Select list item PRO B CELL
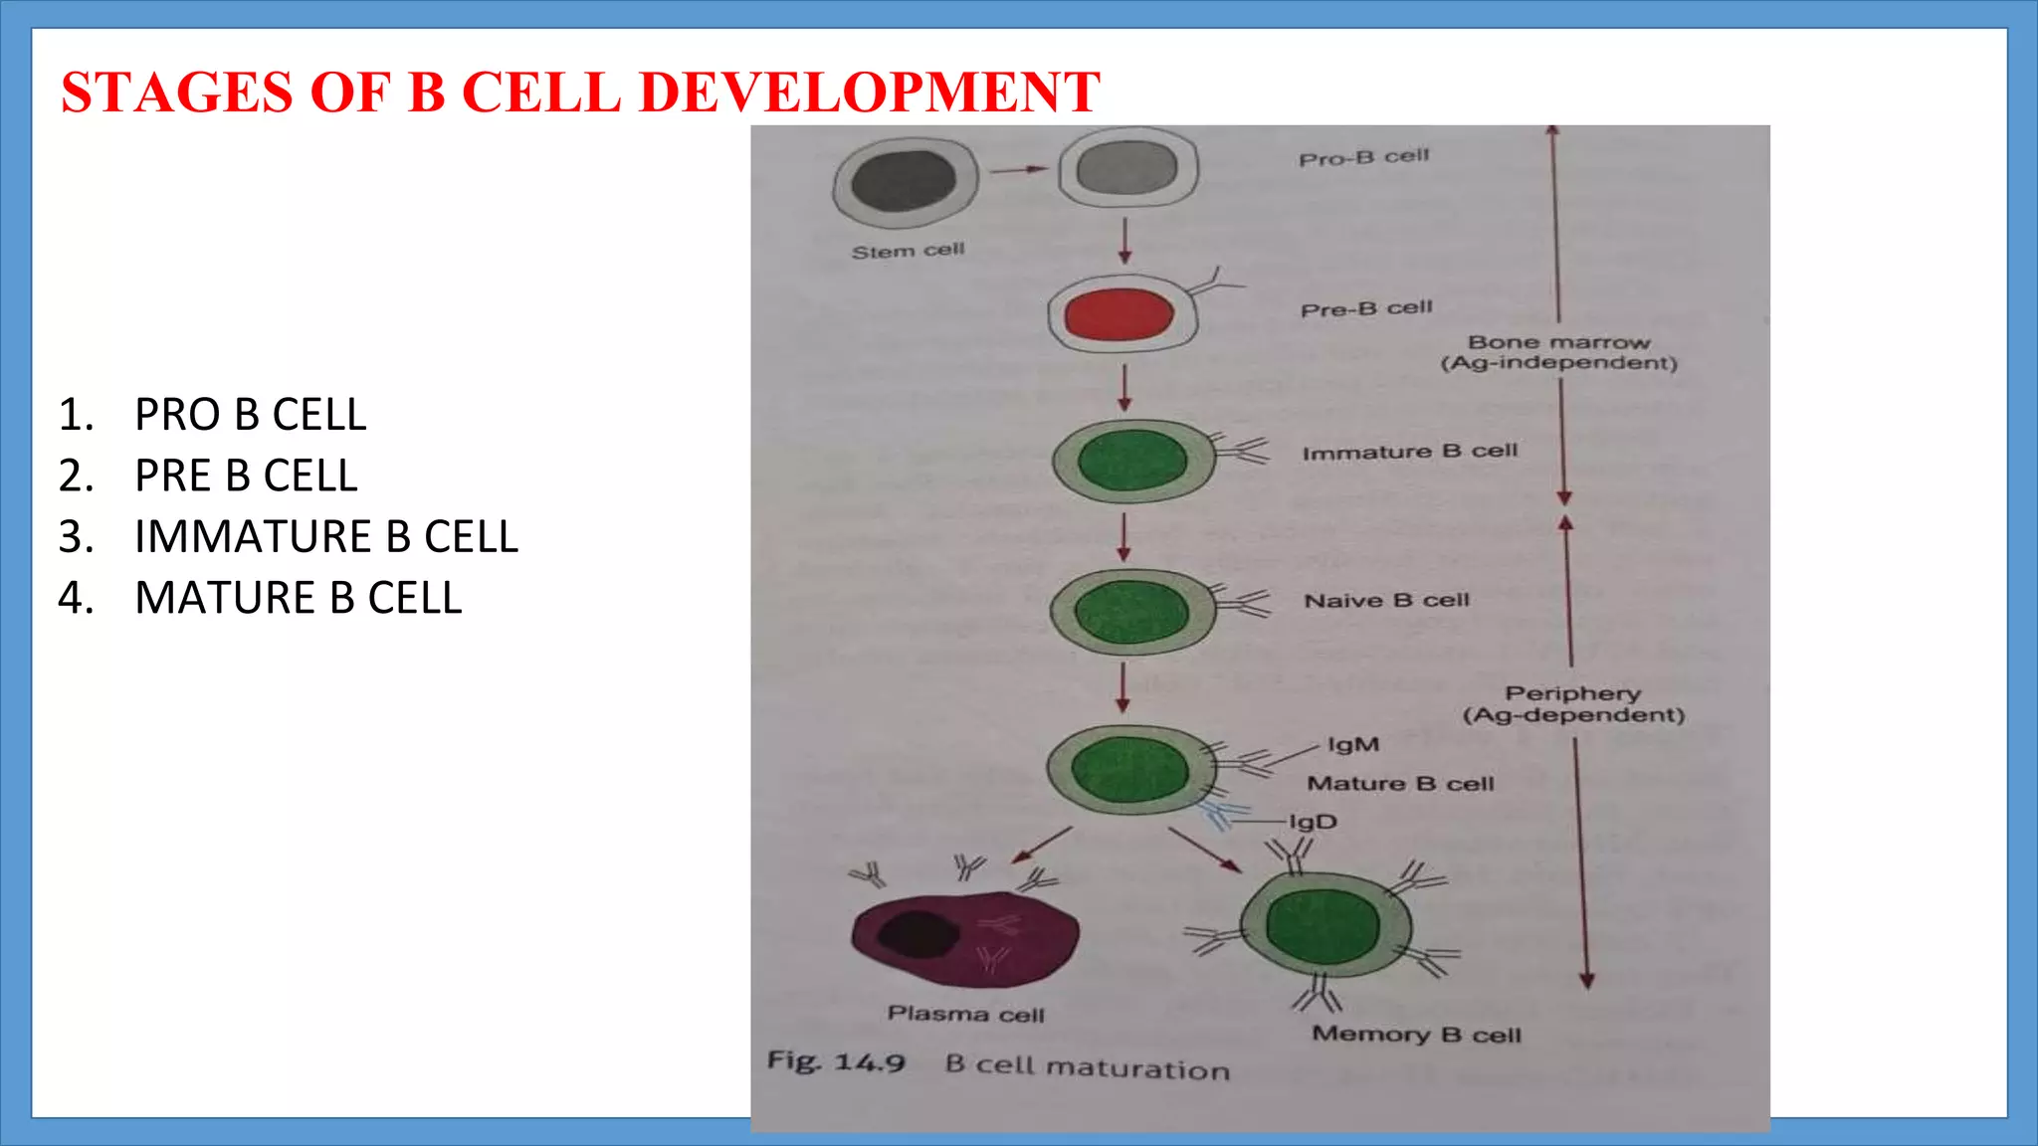pos(250,415)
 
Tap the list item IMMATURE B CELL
pos(325,537)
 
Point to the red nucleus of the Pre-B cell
pos(1119,315)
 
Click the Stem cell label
pos(908,251)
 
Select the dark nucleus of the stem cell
pos(904,181)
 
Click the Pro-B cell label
pos(1363,157)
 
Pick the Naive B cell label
pos(1386,601)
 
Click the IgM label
pos(1353,745)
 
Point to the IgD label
pos(1313,822)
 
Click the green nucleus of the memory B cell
pos(1323,928)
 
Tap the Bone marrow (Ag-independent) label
pos(1558,353)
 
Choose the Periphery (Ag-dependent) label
pos(1573,704)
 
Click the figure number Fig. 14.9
pos(836,1061)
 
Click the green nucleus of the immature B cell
pos(1132,461)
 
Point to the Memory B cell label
pos(1416,1035)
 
